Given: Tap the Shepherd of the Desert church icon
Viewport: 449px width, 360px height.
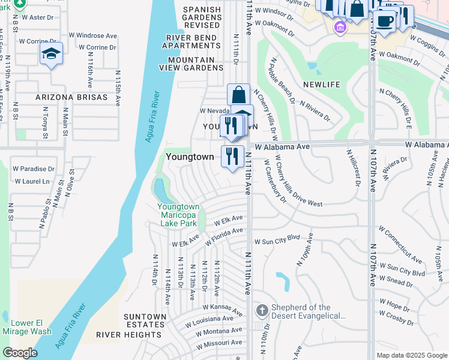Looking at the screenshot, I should [x=262, y=311].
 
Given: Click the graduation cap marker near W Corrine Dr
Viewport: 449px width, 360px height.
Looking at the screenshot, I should [x=51, y=54].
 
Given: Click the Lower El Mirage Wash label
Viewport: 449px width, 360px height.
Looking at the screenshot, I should [x=26, y=326].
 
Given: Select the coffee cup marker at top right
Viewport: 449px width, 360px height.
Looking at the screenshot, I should [x=385, y=20].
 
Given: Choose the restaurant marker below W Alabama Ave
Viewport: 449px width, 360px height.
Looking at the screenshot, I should [x=232, y=157].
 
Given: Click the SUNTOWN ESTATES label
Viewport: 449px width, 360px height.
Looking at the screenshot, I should [x=145, y=316].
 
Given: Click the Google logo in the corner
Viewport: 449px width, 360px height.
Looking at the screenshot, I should [x=20, y=353].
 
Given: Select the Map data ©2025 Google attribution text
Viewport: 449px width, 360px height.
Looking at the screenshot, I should [x=411, y=355].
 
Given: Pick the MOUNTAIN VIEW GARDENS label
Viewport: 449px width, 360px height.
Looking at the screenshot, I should [x=191, y=64].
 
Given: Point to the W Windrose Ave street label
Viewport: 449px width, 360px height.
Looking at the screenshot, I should [x=93, y=36].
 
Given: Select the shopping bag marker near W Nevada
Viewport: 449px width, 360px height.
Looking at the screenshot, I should [x=238, y=95].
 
